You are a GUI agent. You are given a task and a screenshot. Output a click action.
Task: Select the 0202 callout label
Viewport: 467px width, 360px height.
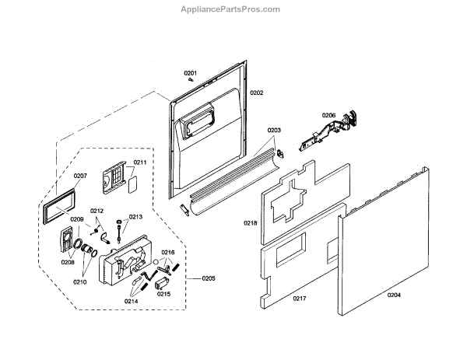tap(257, 93)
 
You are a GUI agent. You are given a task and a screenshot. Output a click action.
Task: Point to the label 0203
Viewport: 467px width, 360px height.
tap(274, 130)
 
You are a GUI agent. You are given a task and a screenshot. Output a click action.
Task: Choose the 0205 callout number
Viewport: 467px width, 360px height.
tap(208, 278)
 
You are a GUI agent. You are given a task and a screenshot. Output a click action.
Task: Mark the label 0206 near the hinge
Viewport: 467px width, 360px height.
tap(329, 116)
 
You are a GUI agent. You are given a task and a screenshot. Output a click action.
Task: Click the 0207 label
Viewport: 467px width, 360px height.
tap(80, 176)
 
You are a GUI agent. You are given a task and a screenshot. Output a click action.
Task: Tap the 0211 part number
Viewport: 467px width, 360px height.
tap(140, 163)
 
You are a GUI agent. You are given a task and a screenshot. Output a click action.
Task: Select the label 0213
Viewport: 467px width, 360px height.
tap(135, 218)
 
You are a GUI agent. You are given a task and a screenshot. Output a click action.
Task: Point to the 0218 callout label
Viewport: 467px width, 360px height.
tap(250, 223)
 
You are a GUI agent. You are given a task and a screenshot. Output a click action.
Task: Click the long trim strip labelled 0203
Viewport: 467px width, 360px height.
tap(233, 175)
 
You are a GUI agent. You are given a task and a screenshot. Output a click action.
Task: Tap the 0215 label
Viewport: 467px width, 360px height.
tap(163, 294)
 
